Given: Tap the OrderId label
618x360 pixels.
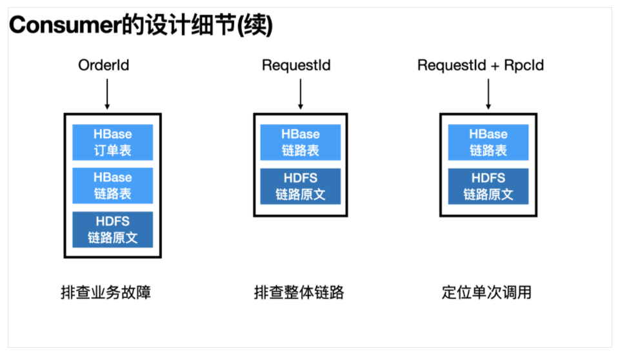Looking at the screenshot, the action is [x=103, y=66].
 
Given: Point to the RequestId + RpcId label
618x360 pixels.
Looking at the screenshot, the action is [x=481, y=66].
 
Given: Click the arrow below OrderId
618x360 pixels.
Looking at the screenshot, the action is [x=106, y=93].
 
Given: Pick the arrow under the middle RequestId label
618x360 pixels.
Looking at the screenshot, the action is [x=300, y=93].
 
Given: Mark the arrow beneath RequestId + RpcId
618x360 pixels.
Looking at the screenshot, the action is [x=488, y=93].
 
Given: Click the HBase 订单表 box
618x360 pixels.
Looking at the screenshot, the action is [x=112, y=143].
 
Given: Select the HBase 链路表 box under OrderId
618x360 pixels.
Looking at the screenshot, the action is [x=112, y=186].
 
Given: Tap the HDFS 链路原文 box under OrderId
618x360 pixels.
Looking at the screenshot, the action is [x=112, y=229].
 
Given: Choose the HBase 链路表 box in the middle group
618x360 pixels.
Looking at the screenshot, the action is [x=300, y=143].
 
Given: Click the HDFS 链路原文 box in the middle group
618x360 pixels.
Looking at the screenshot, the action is [x=300, y=186].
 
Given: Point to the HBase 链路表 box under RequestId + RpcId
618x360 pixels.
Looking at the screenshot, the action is [x=488, y=143].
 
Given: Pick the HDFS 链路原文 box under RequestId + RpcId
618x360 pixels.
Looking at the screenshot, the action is [x=488, y=186].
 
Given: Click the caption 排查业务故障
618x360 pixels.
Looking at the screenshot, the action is [x=106, y=292].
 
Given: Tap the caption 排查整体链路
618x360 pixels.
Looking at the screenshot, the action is [x=299, y=292].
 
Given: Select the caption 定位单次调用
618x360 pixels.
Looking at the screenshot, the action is [x=487, y=292].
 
